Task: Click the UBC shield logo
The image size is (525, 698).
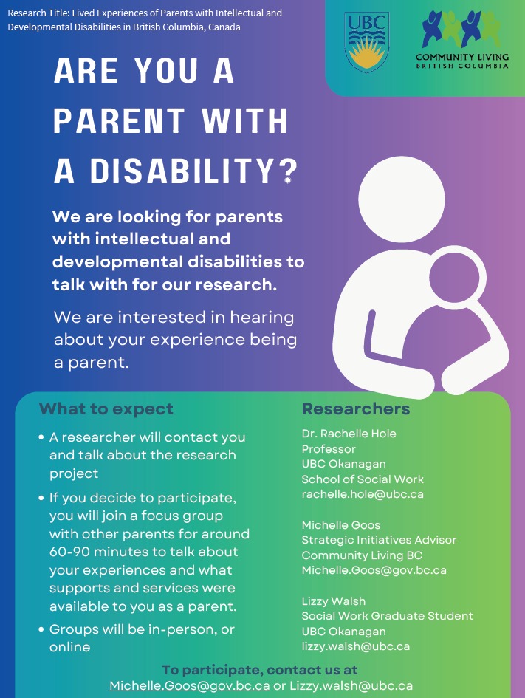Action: click(x=366, y=42)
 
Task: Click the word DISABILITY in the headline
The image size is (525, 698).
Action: click(x=182, y=171)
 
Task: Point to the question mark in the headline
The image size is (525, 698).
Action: click(x=289, y=171)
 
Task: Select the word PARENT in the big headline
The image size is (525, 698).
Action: click(x=119, y=121)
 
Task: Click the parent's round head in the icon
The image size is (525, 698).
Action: click(x=401, y=199)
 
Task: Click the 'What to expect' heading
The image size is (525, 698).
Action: click(x=106, y=408)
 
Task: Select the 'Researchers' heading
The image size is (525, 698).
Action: click(x=356, y=408)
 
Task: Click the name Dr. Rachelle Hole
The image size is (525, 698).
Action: click(x=349, y=433)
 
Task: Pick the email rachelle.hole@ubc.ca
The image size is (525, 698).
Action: click(x=363, y=494)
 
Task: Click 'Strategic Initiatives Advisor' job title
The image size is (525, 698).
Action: click(x=379, y=540)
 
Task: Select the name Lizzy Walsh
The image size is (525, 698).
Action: click(x=334, y=601)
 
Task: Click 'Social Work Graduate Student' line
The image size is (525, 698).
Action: click(x=387, y=616)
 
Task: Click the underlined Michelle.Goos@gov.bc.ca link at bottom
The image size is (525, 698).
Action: click(x=190, y=686)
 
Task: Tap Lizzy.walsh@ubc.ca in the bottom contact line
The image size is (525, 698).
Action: click(x=351, y=686)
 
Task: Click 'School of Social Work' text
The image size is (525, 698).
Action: click(x=363, y=479)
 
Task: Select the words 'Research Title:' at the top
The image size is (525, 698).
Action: click(x=38, y=13)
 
